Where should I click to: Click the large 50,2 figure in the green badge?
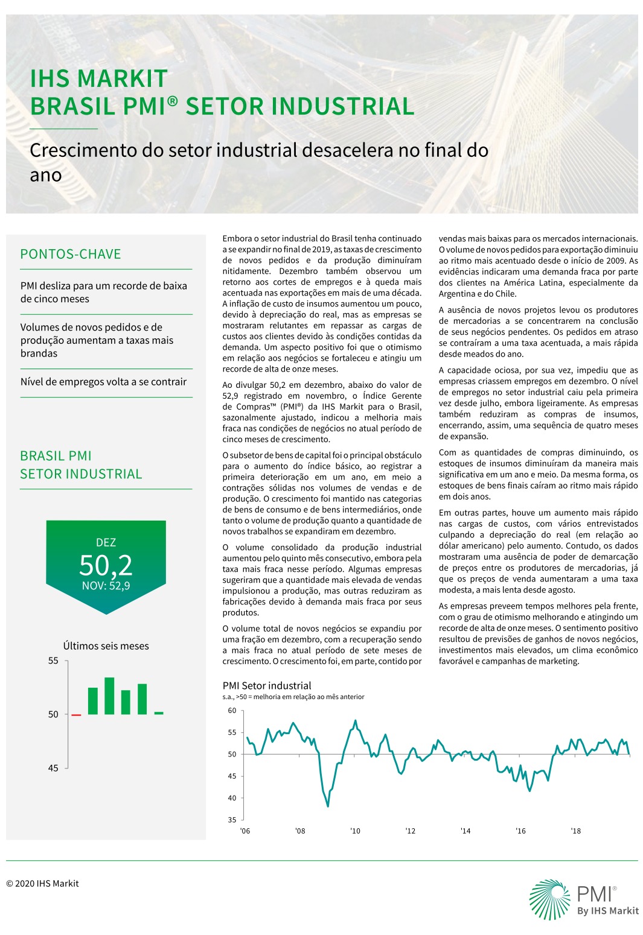[106, 565]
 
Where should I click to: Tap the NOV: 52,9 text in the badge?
[106, 586]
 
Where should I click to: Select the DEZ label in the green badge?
[106, 543]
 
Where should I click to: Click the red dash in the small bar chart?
[76, 715]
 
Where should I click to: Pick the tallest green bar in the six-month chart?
[109, 696]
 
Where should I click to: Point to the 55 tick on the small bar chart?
[54, 661]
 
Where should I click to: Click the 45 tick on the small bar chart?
[54, 768]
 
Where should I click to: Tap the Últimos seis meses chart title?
[106, 646]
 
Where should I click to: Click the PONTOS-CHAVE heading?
[71, 254]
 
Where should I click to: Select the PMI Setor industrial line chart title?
[267, 685]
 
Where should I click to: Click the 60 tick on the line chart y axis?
[232, 711]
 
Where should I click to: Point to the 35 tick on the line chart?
[232, 820]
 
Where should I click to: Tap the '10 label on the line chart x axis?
[355, 831]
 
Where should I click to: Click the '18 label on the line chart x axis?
[576, 831]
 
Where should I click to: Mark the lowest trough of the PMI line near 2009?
[328, 806]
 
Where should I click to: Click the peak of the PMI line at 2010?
[355, 720]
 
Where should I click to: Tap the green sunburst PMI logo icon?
[549, 899]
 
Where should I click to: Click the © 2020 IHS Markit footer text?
[42, 884]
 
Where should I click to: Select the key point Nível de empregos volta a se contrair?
[104, 382]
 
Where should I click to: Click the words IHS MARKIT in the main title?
[98, 79]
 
